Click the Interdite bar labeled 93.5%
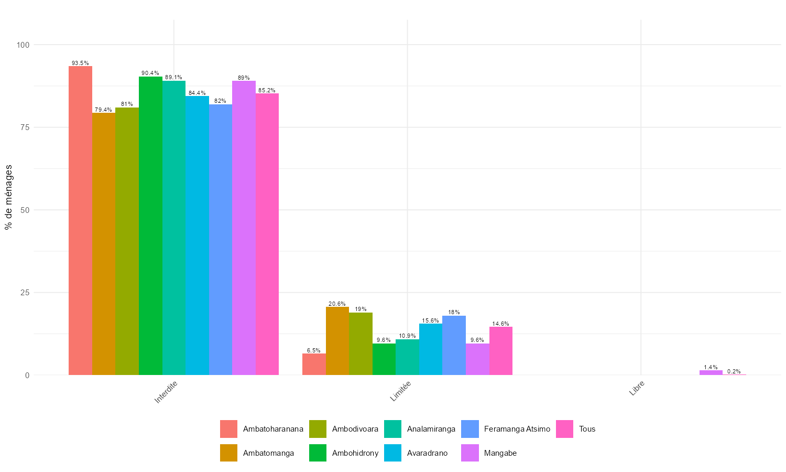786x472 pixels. point(80,220)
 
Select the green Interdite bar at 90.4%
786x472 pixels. point(150,226)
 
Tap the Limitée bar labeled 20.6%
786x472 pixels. point(337,341)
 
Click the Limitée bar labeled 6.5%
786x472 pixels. point(314,364)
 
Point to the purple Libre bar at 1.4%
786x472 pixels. point(711,372)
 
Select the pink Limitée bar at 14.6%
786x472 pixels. point(501,351)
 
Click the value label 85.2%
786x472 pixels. point(267,90)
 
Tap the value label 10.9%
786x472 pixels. point(407,336)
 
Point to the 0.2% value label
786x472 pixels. point(734,371)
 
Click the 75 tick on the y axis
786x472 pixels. point(24,127)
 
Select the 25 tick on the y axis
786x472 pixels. point(24,293)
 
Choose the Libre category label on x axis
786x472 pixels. point(636,392)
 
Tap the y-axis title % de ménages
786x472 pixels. point(8,197)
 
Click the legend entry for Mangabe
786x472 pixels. point(500,453)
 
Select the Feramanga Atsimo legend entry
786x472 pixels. point(517,429)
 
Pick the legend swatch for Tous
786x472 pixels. point(564,429)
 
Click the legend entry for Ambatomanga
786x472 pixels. point(268,453)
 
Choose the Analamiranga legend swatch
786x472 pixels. point(393,429)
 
